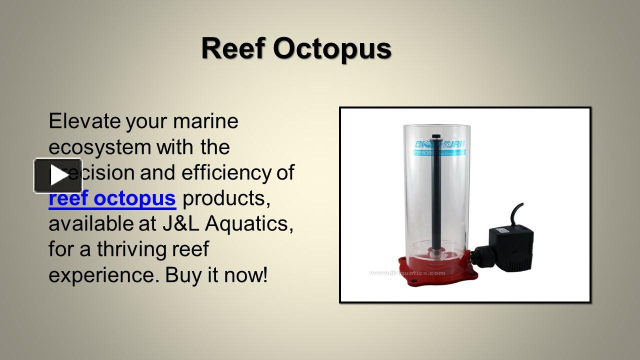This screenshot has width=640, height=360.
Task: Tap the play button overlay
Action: (58, 175)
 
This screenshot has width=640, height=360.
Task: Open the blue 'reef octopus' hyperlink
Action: (112, 198)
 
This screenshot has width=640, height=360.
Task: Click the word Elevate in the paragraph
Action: (84, 121)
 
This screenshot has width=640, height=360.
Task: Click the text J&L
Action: (180, 224)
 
